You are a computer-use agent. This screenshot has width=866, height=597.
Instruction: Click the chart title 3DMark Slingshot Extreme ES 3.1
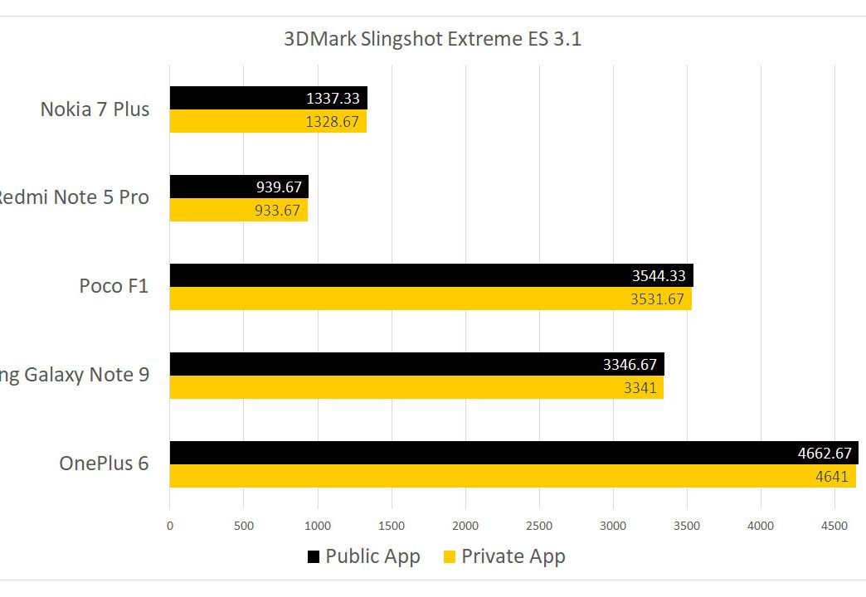click(x=432, y=39)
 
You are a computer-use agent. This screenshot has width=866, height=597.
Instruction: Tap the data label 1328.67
click(x=333, y=122)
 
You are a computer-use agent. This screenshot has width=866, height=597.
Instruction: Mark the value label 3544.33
click(x=659, y=276)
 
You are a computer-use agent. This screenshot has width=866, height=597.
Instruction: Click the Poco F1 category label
click(x=114, y=286)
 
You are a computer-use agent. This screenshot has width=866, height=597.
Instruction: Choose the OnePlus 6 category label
click(x=104, y=463)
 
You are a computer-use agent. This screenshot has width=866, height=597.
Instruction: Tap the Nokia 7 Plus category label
click(x=95, y=109)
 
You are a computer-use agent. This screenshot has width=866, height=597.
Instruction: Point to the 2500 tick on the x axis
click(x=539, y=525)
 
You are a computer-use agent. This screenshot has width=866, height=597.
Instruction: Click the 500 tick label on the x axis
click(x=243, y=525)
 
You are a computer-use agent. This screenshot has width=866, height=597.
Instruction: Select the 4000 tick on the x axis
click(x=761, y=525)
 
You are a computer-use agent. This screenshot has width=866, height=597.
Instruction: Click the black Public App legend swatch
click(x=313, y=556)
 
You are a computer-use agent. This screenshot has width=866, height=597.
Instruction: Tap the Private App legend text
click(x=513, y=556)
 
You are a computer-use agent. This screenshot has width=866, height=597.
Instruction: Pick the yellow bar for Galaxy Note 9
click(x=415, y=387)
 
